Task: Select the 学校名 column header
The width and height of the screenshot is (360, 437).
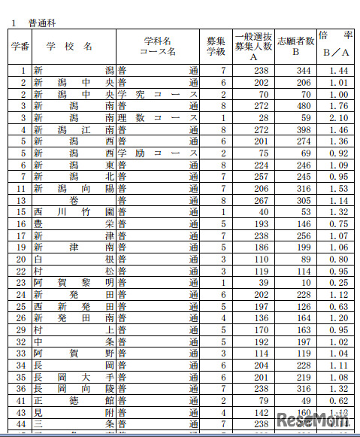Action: (x=69, y=46)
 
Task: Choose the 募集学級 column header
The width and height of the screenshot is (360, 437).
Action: (x=214, y=46)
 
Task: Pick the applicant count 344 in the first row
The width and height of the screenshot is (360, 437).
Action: (x=304, y=71)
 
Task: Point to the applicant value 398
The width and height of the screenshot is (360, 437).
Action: (x=304, y=129)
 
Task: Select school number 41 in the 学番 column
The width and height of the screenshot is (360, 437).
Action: (x=22, y=400)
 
